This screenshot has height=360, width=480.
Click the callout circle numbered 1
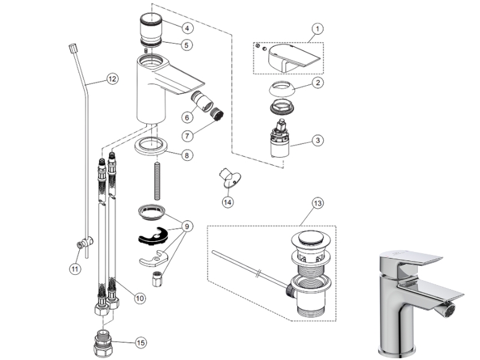318,28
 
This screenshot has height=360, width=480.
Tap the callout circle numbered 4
188,28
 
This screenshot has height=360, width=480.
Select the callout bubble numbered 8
188,155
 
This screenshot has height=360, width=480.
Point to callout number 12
112,78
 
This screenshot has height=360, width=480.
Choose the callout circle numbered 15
140,343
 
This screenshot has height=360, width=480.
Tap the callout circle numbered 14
227,202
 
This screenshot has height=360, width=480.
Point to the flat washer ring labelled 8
156,146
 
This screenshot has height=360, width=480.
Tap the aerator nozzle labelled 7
214,113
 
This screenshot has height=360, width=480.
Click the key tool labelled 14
228,177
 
